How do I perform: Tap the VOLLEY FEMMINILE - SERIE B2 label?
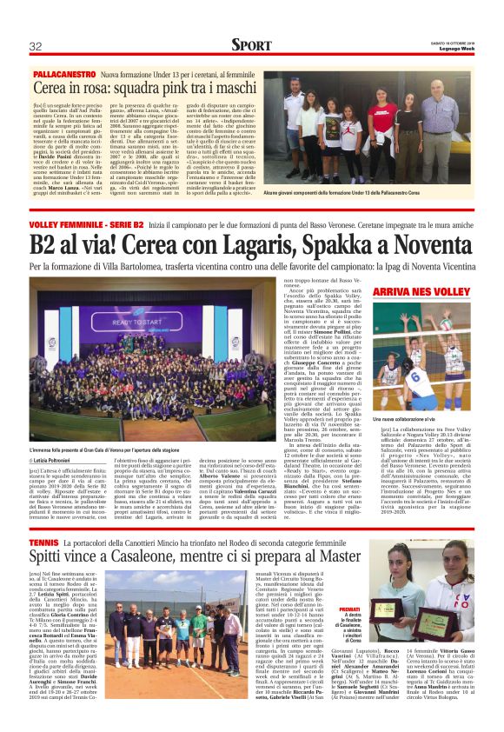tap(83, 226)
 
